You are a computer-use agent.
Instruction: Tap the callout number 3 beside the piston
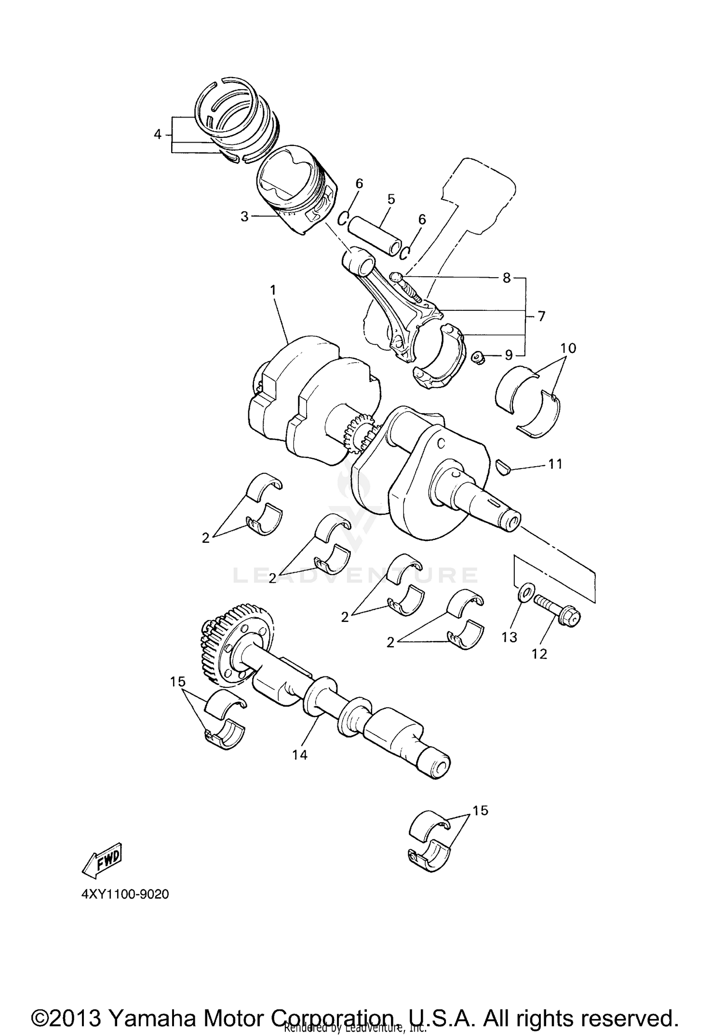pos(244,216)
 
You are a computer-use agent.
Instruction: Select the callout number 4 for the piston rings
pos(158,135)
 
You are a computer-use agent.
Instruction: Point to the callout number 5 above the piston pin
pos(391,199)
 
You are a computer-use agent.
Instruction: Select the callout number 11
pos(555,464)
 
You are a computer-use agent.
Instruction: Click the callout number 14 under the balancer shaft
pos(300,755)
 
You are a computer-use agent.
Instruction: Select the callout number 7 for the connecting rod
pos(541,316)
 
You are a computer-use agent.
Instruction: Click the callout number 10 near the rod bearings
pos(568,348)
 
